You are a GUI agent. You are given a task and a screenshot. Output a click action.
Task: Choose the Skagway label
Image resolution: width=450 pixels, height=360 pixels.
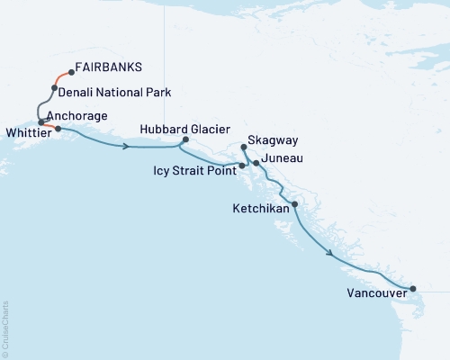[274, 141]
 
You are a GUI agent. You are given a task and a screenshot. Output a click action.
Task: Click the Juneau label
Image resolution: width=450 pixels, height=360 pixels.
[283, 158]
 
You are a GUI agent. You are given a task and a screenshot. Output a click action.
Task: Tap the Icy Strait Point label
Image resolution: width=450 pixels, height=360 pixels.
[191, 168]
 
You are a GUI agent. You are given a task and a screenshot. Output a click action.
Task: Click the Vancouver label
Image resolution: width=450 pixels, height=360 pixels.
[374, 292]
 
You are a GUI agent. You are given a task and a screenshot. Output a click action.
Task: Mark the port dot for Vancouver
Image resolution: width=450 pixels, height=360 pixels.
[413, 289]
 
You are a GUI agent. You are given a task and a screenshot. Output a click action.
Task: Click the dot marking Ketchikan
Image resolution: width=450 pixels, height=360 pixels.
[295, 205]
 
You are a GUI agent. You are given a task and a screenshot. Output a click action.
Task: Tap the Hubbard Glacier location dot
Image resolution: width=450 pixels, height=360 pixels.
[185, 139]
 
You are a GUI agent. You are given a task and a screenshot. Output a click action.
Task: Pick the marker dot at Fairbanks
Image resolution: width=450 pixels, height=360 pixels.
[71, 73]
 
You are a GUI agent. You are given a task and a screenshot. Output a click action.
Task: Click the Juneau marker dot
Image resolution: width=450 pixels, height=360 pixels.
[256, 163]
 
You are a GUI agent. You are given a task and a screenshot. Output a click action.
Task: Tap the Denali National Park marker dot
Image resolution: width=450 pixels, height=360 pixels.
[55, 88]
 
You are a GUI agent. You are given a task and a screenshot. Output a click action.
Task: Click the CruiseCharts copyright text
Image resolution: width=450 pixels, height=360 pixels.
[5, 328]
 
